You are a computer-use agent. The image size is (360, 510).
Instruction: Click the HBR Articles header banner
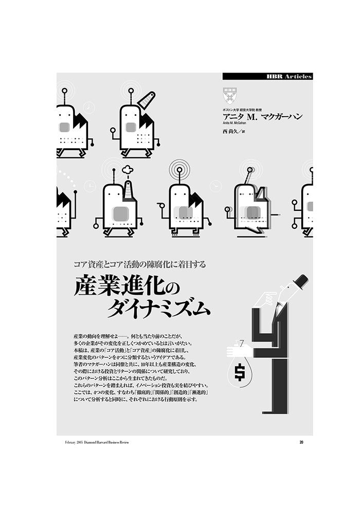tap(267, 76)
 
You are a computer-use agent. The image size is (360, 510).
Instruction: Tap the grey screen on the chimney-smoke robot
tap(121, 213)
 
